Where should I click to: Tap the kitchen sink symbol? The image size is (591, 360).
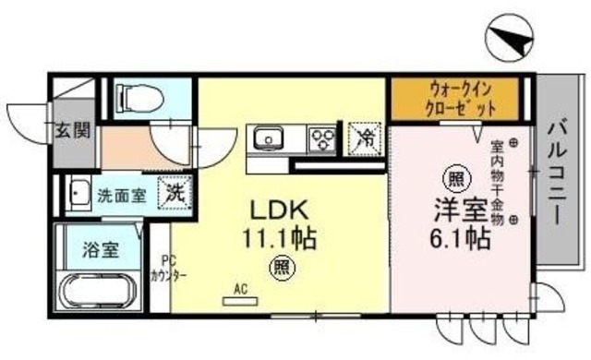click(270, 139)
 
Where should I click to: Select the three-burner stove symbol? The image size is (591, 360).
click(322, 139)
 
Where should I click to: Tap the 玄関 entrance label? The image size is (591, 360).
click(72, 130)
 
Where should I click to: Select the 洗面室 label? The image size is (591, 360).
click(122, 195)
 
